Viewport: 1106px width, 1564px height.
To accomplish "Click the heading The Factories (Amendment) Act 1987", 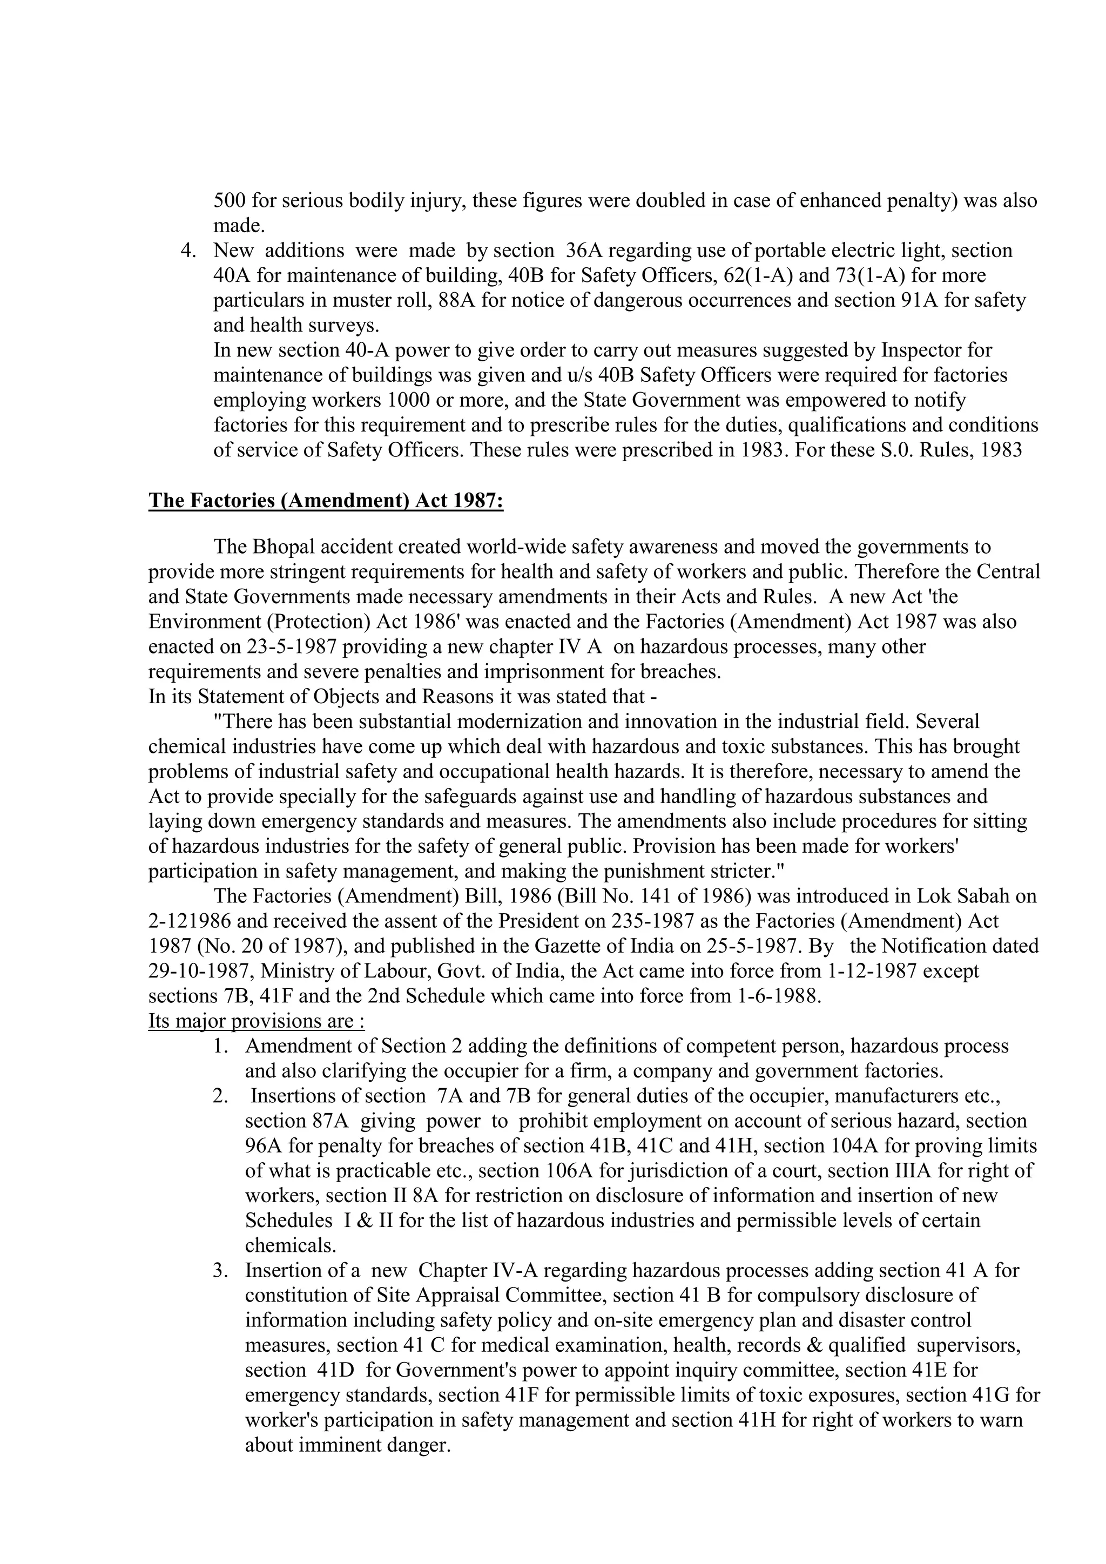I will (x=326, y=501).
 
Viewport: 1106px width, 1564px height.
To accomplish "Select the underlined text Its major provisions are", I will (x=256, y=1021).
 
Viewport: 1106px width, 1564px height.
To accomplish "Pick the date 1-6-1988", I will (x=778, y=996).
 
